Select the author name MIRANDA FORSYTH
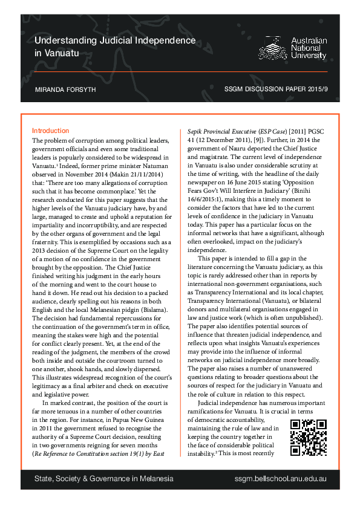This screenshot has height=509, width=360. (65, 89)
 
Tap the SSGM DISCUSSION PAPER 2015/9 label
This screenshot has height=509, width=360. (275, 89)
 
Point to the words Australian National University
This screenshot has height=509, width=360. (309, 48)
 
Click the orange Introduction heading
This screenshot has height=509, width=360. (50, 131)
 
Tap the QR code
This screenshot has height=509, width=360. (309, 437)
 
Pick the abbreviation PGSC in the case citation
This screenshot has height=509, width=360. (314, 131)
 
